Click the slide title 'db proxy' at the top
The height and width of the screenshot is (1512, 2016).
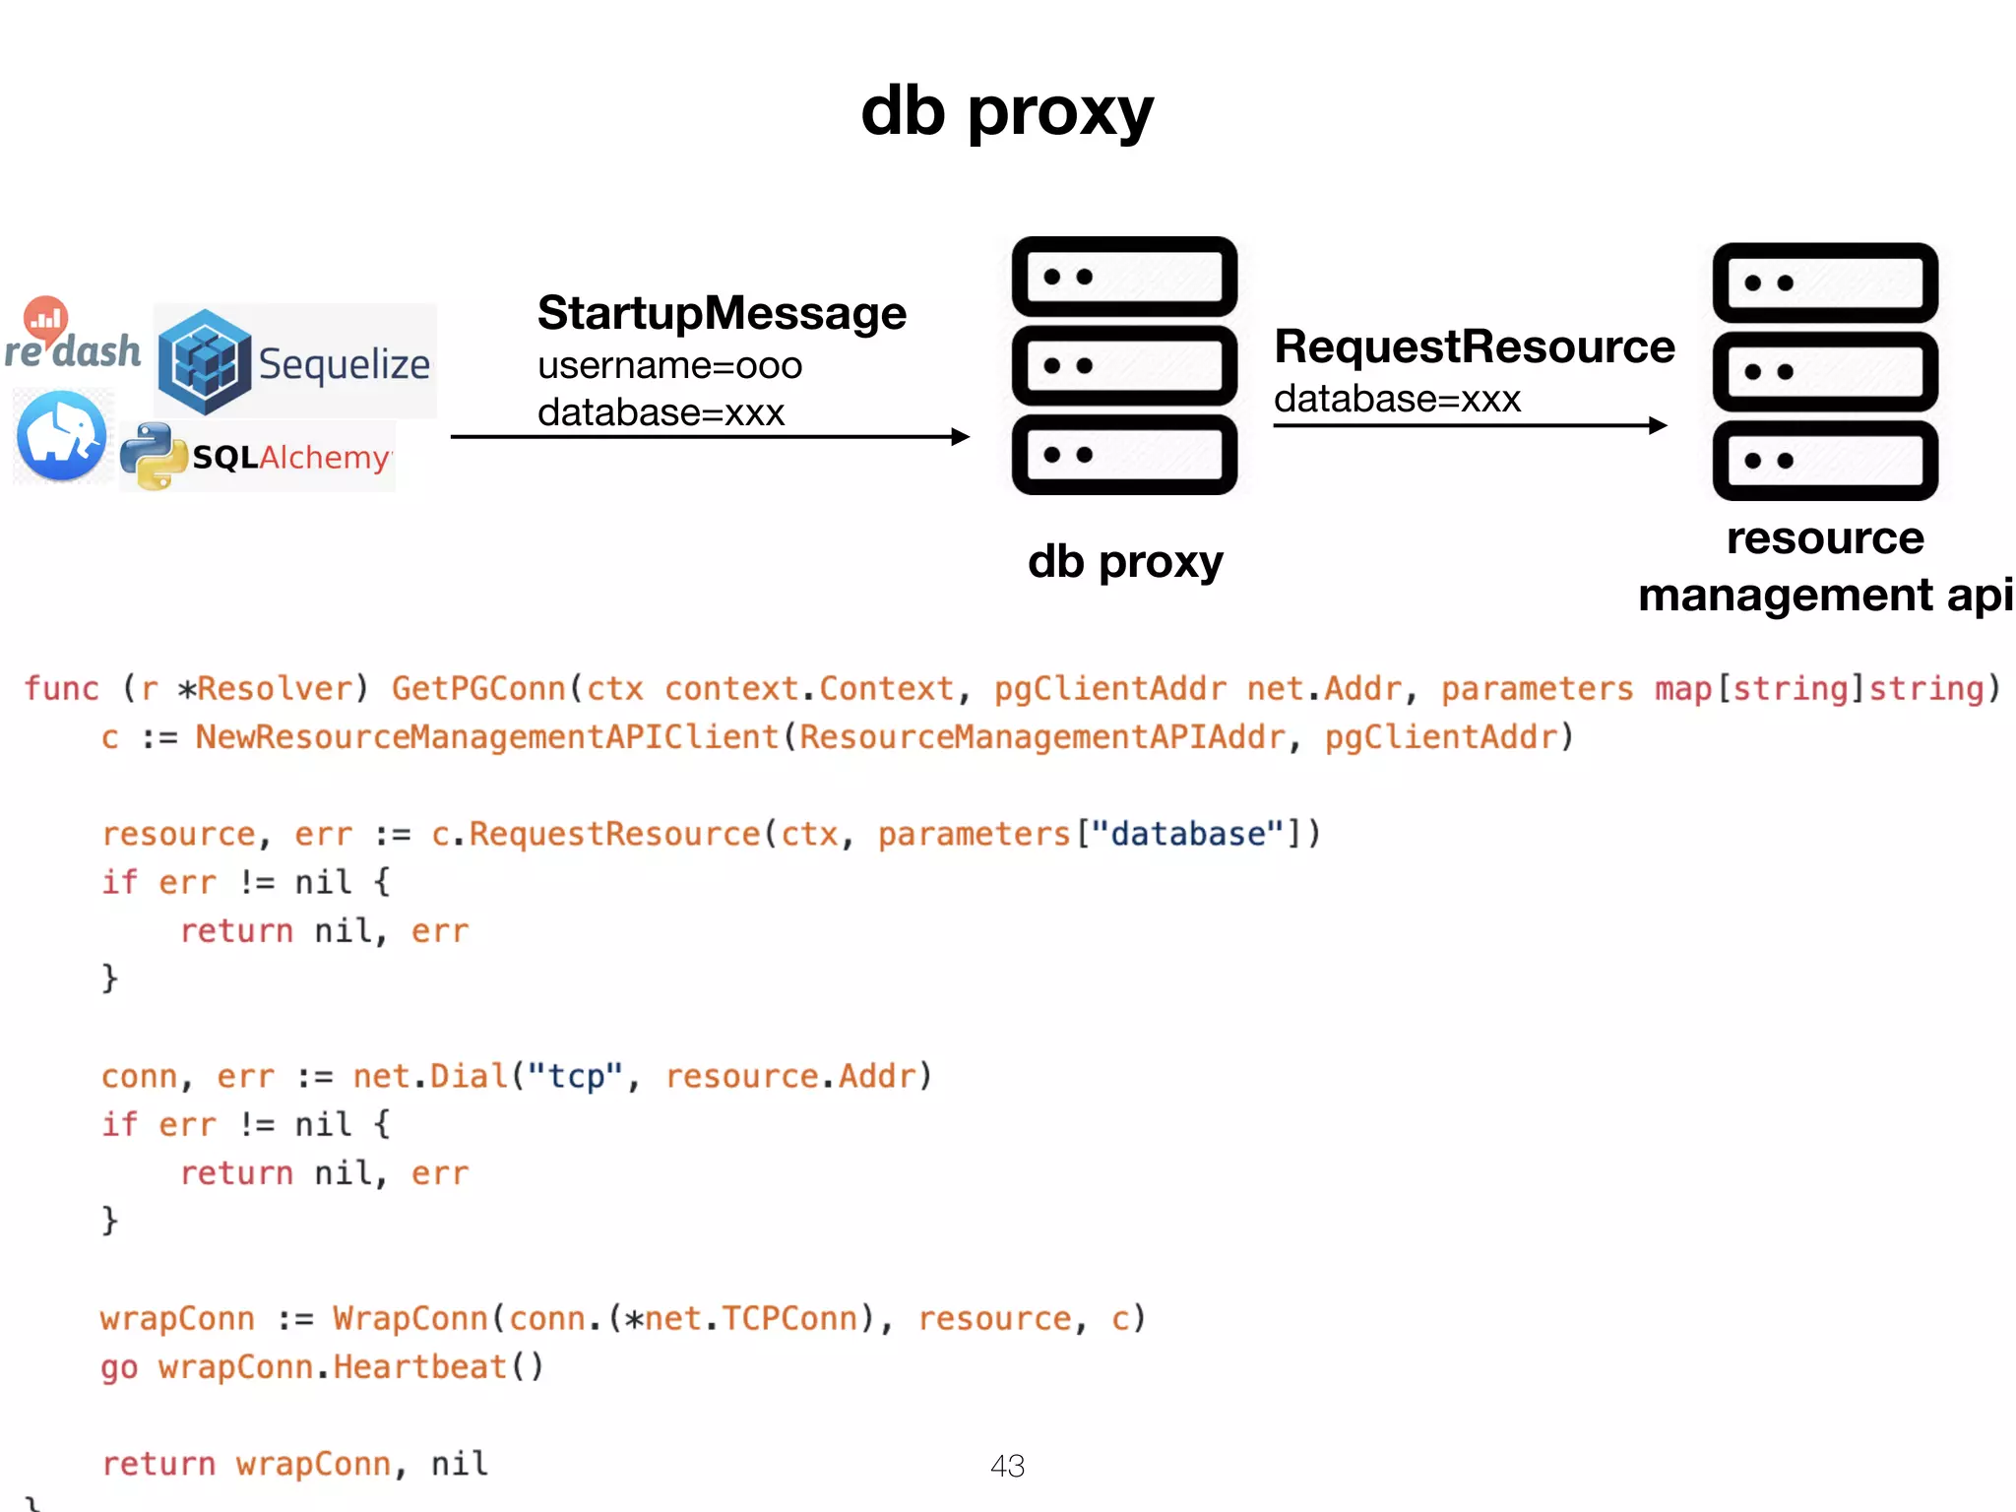tap(1006, 111)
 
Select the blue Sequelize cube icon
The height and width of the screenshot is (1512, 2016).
tap(205, 362)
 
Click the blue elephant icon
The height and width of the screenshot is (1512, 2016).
tap(62, 436)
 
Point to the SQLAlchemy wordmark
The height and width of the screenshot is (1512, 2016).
tap(291, 458)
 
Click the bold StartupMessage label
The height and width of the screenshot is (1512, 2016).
tap(722, 313)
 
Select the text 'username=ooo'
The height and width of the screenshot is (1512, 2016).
tap(669, 366)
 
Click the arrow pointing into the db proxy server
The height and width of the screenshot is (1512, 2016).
tap(709, 436)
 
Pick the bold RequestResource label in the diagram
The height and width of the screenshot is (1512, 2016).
tap(1474, 346)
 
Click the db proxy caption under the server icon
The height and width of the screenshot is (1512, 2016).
tap(1125, 562)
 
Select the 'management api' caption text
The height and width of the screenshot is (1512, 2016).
tap(1825, 596)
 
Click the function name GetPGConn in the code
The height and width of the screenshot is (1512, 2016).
tap(479, 688)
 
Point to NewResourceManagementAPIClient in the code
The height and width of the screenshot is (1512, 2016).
tap(486, 737)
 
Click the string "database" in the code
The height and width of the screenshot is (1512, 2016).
tap(1188, 834)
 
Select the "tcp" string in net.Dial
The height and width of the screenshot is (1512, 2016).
tap(575, 1076)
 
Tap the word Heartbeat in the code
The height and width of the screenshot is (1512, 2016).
tap(420, 1367)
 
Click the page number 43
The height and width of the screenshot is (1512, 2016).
tap(1007, 1466)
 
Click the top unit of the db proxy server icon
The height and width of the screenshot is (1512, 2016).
tap(1124, 277)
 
